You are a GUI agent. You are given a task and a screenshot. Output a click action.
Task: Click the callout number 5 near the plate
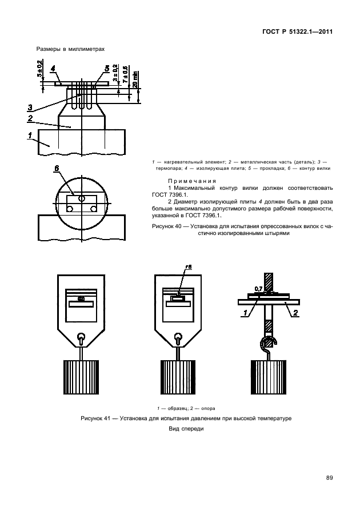pyautogui.click(x=106, y=69)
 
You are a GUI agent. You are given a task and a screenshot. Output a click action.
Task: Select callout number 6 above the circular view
pyautogui.click(x=57, y=169)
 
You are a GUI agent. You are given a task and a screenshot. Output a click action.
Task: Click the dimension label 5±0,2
pyautogui.click(x=39, y=69)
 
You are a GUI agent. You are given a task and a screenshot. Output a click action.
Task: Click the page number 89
pyautogui.click(x=329, y=478)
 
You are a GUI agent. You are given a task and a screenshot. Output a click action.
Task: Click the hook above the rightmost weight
pyautogui.click(x=269, y=343)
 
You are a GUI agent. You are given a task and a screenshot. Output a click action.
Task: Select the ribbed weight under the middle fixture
pyautogui.click(x=179, y=377)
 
